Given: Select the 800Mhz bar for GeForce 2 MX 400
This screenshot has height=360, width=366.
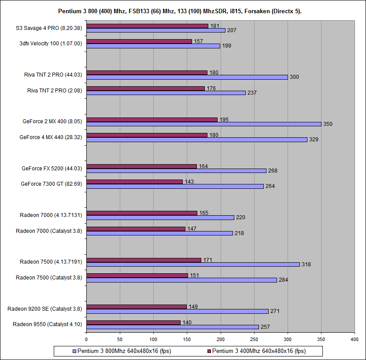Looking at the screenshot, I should (203, 124).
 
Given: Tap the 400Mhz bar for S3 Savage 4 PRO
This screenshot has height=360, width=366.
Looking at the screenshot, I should (147, 26).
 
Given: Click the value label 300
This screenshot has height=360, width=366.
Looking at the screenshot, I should (295, 77).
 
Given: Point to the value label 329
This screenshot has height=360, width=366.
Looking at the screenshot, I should (314, 140).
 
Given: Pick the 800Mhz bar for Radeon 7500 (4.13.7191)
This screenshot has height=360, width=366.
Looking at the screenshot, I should (193, 264).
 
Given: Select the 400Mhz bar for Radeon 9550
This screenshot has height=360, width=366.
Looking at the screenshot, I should (133, 323).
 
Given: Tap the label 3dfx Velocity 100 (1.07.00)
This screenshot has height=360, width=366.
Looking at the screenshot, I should (51, 44).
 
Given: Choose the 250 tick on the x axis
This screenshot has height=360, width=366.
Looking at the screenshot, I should (254, 339).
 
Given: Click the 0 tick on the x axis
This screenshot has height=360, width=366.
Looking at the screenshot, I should (86, 339).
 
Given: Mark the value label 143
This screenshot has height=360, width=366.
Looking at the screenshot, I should (189, 181).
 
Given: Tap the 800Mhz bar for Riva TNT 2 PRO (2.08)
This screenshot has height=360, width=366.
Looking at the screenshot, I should (166, 93).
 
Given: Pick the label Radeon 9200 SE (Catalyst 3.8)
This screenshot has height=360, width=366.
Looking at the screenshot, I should (45, 309).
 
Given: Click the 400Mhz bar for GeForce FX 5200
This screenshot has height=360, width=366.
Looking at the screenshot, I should (141, 166).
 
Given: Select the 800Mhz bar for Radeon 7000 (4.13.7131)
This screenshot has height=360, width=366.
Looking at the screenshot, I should (160, 217).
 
